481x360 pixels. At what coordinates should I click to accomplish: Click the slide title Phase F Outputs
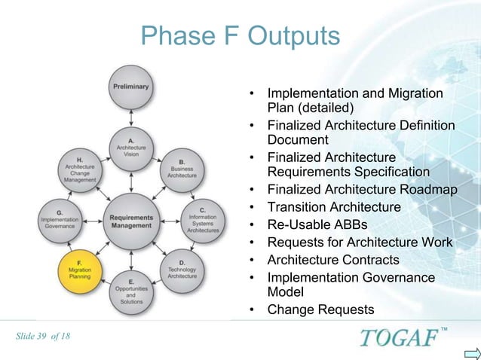tap(240, 35)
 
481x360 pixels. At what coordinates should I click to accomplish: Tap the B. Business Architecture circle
tap(182, 169)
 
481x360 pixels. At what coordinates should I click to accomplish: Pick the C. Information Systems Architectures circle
tap(202, 219)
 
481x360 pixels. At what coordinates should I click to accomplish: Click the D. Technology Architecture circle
tap(182, 270)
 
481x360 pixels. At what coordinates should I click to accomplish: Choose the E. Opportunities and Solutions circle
tap(131, 291)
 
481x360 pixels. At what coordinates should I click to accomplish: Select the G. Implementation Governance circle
tap(60, 219)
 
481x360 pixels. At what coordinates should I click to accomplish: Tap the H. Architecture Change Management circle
tap(80, 169)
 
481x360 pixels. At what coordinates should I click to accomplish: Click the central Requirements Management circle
tap(131, 221)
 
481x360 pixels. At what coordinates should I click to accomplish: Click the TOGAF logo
tap(398, 337)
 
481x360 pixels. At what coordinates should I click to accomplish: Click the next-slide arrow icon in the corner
tap(471, 352)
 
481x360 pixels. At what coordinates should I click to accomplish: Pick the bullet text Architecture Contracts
tap(324, 260)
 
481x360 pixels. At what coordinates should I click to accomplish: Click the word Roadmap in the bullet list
tap(430, 190)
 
